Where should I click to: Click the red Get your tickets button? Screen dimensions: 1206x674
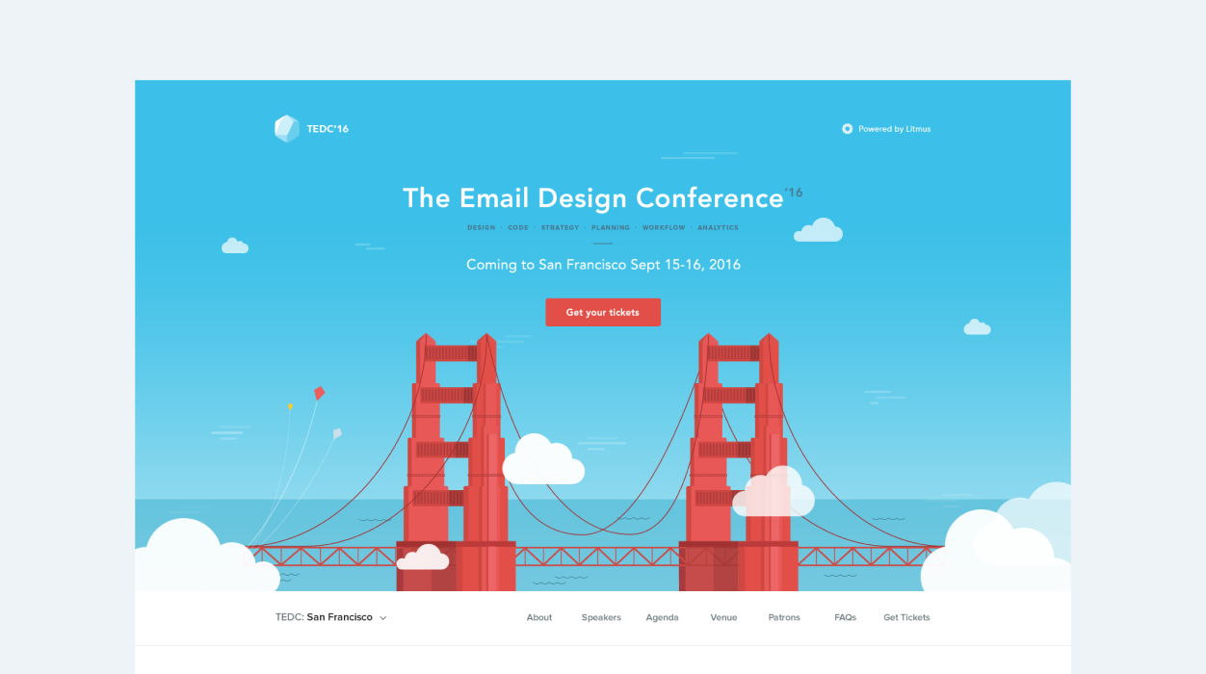pyautogui.click(x=603, y=312)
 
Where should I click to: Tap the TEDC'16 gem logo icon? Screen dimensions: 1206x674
pyautogui.click(x=287, y=128)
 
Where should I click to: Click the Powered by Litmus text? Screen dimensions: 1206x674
pyautogui.click(x=894, y=129)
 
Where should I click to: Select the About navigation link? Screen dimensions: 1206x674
pyautogui.click(x=538, y=617)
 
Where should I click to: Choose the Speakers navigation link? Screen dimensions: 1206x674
pyautogui.click(x=601, y=617)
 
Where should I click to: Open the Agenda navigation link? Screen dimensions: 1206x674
pyautogui.click(x=662, y=617)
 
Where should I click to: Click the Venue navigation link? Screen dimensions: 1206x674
pyautogui.click(x=723, y=617)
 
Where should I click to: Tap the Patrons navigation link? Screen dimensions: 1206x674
pyautogui.click(x=784, y=617)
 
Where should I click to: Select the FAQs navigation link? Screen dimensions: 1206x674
pyautogui.click(x=846, y=617)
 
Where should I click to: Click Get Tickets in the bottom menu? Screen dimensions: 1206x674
pyautogui.click(x=906, y=617)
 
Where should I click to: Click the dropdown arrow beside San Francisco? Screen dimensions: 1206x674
pyautogui.click(x=382, y=618)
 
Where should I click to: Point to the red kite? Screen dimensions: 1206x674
pyautogui.click(x=319, y=393)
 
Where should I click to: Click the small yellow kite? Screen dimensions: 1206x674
pyautogui.click(x=290, y=406)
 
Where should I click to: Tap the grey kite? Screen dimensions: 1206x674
pyautogui.click(x=337, y=433)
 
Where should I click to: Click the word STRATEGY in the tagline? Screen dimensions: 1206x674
pyautogui.click(x=560, y=228)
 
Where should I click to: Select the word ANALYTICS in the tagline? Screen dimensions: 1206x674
pyautogui.click(x=719, y=228)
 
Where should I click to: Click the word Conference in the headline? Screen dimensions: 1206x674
pyautogui.click(x=710, y=198)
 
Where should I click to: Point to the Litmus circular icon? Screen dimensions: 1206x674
pyautogui.click(x=848, y=129)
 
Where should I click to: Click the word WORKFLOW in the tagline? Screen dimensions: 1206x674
pyautogui.click(x=664, y=228)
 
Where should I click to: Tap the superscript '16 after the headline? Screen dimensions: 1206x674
pyautogui.click(x=794, y=193)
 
